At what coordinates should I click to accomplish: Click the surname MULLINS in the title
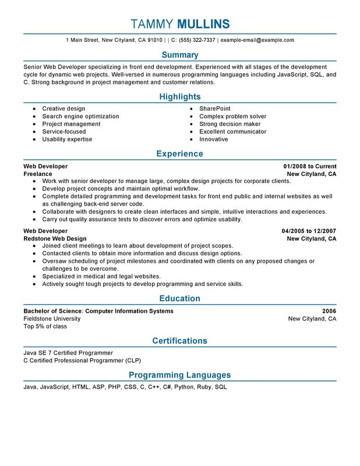[203, 24]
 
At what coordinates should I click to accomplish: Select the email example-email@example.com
[257, 40]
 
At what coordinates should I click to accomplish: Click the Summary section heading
[180, 55]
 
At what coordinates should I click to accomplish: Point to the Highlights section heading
[180, 97]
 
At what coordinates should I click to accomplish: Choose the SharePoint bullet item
[215, 109]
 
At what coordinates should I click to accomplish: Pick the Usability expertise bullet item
[67, 140]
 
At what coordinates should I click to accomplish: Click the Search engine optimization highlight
[80, 116]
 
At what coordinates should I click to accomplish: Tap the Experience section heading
[180, 154]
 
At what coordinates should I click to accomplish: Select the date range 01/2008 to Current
[310, 167]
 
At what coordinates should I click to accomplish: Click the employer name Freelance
[38, 174]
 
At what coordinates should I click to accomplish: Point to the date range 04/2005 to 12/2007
[309, 231]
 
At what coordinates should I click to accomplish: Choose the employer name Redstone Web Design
[55, 239]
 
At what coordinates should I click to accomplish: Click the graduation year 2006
[329, 311]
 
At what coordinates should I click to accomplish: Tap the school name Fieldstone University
[52, 319]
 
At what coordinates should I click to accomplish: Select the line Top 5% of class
[45, 327]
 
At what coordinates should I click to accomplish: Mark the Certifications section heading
[180, 341]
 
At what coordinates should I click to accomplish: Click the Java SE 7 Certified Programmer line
[68, 353]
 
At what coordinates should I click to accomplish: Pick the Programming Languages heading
[180, 375]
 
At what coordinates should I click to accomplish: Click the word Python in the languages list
[183, 387]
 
